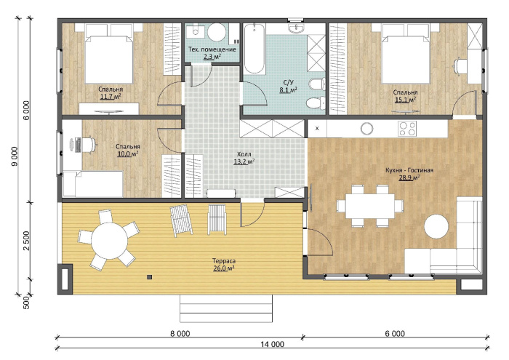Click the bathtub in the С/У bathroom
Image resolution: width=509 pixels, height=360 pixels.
(254, 49)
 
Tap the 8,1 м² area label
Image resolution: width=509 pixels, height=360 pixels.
(289, 90)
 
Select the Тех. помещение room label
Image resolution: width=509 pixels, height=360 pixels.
(212, 49)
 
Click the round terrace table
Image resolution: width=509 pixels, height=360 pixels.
(109, 241)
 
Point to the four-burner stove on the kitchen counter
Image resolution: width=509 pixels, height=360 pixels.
(407, 128)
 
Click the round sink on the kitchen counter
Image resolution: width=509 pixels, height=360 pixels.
(366, 129)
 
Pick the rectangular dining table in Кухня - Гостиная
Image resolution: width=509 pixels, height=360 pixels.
(369, 206)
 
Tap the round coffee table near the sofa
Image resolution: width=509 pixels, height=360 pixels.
(436, 227)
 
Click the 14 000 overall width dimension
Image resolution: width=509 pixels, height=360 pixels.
(272, 344)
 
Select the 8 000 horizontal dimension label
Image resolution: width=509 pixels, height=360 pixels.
(179, 333)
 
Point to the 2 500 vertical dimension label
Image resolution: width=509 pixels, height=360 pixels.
(26, 241)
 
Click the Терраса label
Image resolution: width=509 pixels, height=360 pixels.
(224, 261)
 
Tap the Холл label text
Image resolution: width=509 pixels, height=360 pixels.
(244, 154)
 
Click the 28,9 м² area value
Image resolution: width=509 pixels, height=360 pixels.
(409, 177)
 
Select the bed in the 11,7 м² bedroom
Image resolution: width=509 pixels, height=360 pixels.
(109, 55)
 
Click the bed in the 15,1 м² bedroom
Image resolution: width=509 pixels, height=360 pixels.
(406, 55)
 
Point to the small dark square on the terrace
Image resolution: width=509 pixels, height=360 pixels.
(149, 277)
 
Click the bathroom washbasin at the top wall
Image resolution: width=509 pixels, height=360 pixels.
(296, 28)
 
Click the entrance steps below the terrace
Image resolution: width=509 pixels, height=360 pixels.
(226, 308)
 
